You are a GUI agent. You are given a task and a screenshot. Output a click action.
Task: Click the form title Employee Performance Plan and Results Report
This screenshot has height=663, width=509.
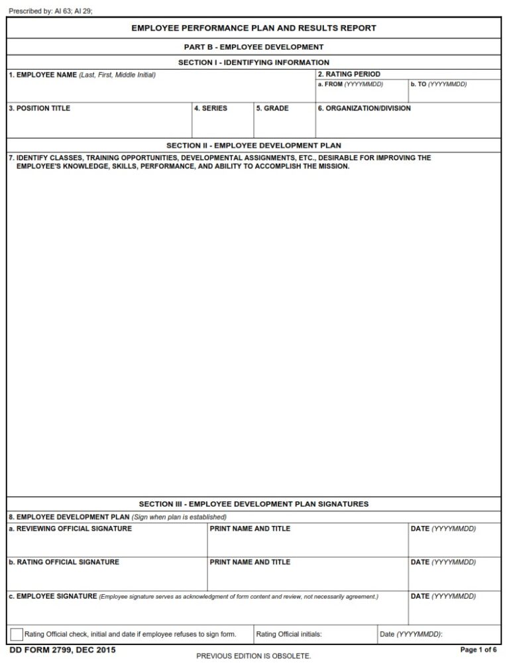point(254,28)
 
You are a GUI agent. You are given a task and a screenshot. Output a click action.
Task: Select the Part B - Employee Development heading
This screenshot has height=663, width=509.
point(254,47)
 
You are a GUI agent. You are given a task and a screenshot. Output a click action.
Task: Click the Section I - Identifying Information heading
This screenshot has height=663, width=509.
point(254,62)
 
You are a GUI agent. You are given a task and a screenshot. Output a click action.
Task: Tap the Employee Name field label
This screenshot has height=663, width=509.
point(43,75)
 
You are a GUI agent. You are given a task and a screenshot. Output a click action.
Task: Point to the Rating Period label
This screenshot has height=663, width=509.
point(349,74)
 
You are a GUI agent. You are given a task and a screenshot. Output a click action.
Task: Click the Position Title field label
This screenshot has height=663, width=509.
point(39,108)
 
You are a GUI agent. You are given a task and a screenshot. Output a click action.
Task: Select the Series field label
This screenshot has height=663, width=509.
point(211,108)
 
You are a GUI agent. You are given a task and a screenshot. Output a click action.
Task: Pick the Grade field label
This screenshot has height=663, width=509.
point(272,108)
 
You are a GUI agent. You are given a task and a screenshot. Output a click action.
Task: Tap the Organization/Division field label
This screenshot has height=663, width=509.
point(364,108)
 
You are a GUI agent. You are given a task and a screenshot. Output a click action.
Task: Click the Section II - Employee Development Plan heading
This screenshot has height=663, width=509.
point(254,145)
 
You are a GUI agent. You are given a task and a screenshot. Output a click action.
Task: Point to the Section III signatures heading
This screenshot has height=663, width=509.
point(254,504)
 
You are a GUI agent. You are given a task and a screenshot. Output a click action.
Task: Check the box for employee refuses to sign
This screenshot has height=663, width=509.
point(17,635)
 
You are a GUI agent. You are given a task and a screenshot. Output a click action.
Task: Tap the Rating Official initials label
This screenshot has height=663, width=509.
point(289,635)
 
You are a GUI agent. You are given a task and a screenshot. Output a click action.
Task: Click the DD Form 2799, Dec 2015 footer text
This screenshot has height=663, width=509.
point(58,650)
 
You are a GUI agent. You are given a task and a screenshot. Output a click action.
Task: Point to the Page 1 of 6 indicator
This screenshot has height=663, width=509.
point(479,650)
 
